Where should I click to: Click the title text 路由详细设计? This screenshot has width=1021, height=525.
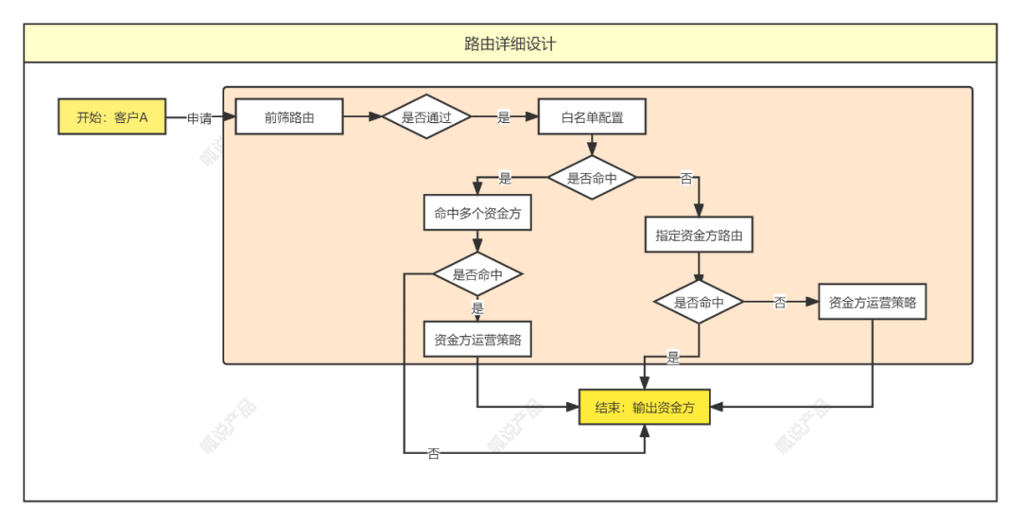510,44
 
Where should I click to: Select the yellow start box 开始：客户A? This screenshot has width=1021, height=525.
112,117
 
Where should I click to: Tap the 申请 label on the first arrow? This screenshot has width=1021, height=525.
199,118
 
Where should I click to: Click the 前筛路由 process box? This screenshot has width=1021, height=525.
288,117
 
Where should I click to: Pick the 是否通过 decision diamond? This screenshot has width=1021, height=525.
426,117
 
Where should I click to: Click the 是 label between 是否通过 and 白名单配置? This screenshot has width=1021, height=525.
503,118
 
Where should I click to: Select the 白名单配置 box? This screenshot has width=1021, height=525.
592,117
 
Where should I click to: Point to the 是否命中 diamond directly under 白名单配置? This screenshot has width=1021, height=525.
592,177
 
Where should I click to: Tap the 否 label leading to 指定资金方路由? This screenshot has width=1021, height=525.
686,178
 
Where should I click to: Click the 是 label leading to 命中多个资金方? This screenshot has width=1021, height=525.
504,178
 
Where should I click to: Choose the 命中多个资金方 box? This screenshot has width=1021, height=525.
477,214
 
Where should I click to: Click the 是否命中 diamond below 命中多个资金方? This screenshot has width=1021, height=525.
477,274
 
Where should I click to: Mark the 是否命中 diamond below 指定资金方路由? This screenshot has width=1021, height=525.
699,302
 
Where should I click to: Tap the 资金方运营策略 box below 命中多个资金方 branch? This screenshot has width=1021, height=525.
477,339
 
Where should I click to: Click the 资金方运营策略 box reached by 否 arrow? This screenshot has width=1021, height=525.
872,303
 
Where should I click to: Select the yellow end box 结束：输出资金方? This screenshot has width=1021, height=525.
645,407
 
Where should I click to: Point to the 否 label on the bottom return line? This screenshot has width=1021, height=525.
433,454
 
